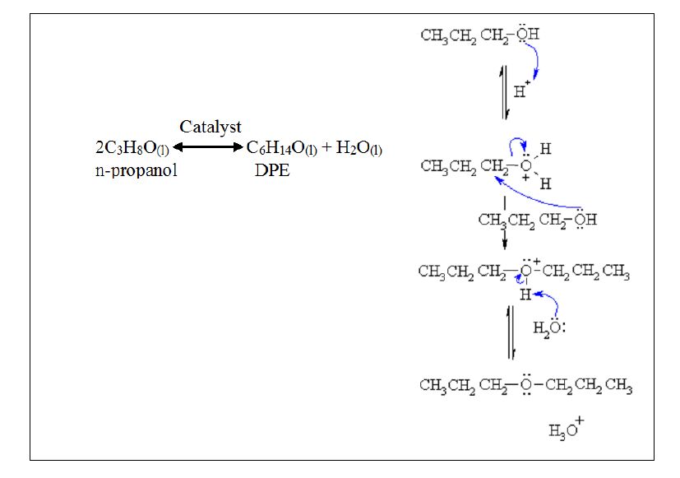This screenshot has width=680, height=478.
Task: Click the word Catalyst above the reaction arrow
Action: coord(210,127)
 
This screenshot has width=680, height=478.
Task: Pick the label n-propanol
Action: coord(136,171)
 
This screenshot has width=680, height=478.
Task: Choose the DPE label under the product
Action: coord(270,171)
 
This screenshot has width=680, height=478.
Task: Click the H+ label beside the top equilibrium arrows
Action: coord(521,90)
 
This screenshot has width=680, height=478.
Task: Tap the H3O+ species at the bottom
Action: coord(566,429)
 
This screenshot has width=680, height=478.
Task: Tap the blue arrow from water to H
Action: coord(550,302)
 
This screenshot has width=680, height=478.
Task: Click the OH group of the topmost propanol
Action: coord(528,35)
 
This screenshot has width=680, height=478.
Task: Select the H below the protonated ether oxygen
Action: coord(525,294)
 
